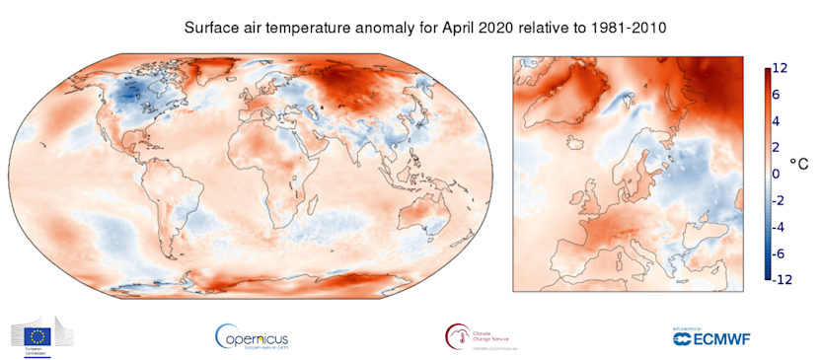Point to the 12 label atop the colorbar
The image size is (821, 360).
(x=780, y=68)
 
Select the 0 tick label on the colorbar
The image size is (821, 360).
(x=776, y=174)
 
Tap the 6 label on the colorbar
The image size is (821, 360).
(x=776, y=94)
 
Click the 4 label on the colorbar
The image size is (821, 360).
(x=776, y=120)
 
